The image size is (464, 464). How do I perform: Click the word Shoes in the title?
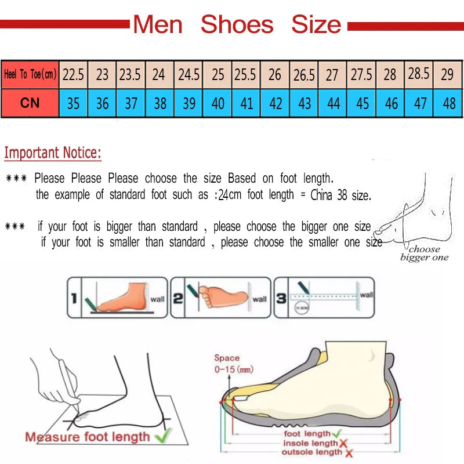click(x=237, y=24)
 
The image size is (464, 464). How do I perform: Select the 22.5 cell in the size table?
click(x=73, y=75)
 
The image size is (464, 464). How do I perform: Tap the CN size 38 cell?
click(x=160, y=103)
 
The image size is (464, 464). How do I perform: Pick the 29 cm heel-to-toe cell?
click(x=447, y=75)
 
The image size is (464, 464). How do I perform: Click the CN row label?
click(x=30, y=103)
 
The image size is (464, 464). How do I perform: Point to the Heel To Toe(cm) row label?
click(x=30, y=75)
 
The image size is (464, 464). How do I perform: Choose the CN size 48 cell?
click(x=448, y=103)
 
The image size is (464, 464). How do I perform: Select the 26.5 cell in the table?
click(x=304, y=75)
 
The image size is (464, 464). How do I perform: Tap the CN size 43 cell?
click(x=304, y=103)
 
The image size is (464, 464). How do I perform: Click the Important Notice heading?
click(x=53, y=153)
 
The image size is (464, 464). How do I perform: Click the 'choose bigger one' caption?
click(x=424, y=253)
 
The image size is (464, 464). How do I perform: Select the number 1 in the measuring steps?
click(x=74, y=299)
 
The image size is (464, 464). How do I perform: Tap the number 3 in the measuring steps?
click(x=281, y=299)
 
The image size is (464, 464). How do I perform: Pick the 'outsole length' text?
click(x=311, y=452)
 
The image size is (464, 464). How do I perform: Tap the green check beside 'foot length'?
click(x=337, y=433)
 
